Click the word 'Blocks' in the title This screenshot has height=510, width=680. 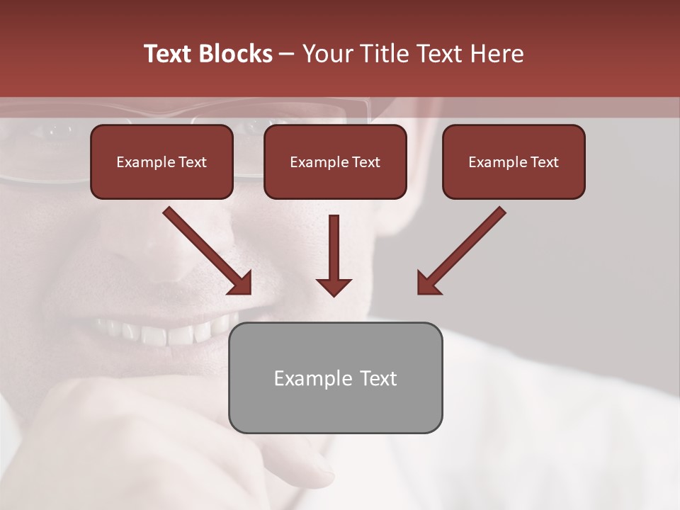tap(234, 54)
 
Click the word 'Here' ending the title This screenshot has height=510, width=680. tap(496, 54)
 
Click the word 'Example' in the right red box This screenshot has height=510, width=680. tap(498, 162)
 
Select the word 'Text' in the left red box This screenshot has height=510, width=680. tap(193, 162)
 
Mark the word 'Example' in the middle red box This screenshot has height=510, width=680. tap(319, 162)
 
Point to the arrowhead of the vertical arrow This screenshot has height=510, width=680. tap(334, 286)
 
